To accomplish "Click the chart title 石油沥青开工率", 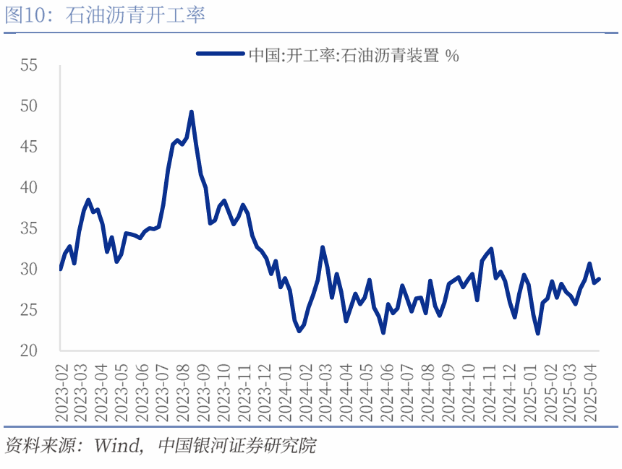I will [x=135, y=15].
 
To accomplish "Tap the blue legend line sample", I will [x=220, y=53].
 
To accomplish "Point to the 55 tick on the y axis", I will [x=28, y=66].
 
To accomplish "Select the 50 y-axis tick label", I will [x=28, y=106].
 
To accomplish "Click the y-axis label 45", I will [x=28, y=147].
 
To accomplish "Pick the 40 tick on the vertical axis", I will [x=28, y=188].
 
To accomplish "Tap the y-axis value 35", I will [x=28, y=229].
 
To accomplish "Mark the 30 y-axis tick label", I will [x=28, y=270].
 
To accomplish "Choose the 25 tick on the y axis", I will [x=28, y=311].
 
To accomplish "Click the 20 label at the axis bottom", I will [x=28, y=351].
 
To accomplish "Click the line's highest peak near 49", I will [x=192, y=112].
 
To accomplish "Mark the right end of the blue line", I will [x=599, y=279].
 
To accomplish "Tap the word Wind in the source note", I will [x=116, y=445].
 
